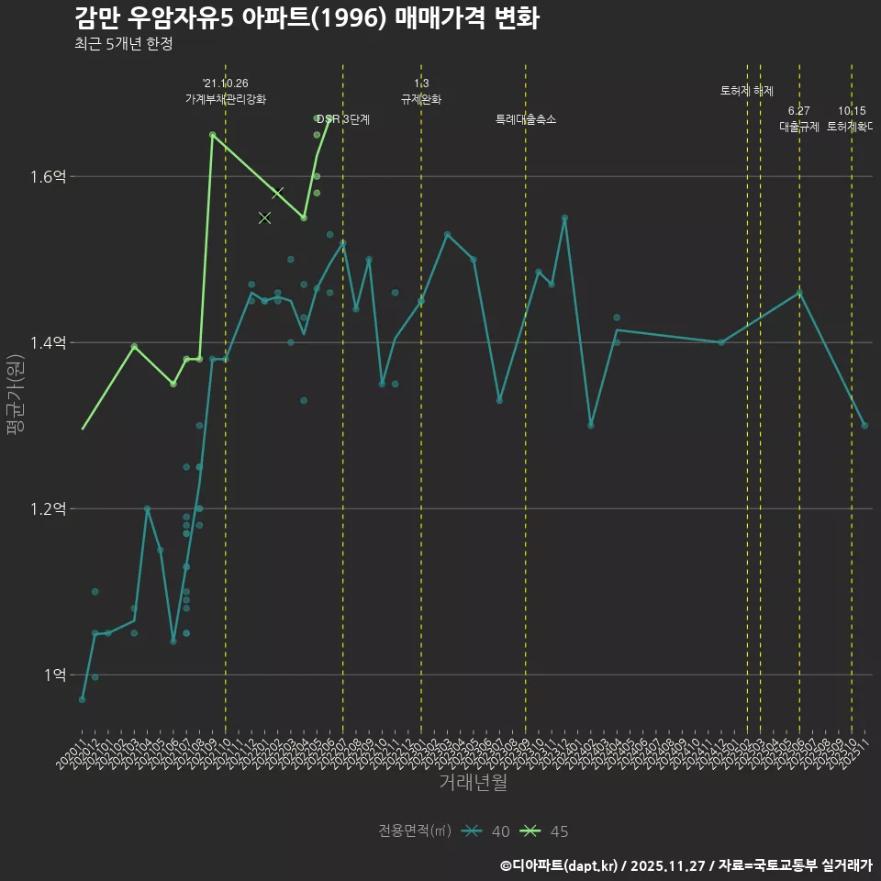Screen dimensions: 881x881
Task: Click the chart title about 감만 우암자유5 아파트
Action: point(307,19)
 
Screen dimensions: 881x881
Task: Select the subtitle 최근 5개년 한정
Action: point(123,44)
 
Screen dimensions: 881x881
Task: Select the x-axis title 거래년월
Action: point(473,783)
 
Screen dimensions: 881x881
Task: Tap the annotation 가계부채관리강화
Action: point(226,99)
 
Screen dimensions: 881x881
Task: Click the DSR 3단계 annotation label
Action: point(343,119)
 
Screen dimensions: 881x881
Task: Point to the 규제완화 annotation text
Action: point(421,99)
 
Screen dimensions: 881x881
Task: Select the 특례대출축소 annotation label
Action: point(526,119)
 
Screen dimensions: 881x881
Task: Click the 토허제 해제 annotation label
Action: point(747,91)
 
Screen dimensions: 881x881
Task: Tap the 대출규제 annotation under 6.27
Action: point(799,127)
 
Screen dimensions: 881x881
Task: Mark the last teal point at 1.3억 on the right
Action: point(864,425)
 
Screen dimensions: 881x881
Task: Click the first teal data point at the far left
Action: point(82,699)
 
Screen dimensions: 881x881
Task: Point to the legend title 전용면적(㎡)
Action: point(415,831)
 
